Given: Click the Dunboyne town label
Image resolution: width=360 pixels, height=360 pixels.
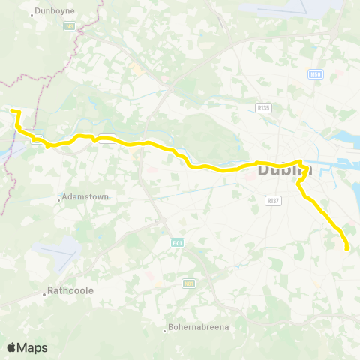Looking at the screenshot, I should click(x=55, y=13).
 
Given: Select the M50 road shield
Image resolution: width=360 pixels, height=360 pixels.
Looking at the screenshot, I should click(x=316, y=73).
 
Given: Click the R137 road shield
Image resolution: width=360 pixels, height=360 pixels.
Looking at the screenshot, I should click(x=272, y=200).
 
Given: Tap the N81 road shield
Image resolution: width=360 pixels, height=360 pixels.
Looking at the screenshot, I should click(x=189, y=283).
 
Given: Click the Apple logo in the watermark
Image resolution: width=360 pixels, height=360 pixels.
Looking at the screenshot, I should click(x=11, y=347).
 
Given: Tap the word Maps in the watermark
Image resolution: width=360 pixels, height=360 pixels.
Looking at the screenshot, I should click(x=33, y=347).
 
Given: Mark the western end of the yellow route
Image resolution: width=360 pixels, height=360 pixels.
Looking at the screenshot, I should click(x=12, y=111).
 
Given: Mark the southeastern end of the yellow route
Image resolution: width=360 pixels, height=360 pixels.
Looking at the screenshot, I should click(x=346, y=248).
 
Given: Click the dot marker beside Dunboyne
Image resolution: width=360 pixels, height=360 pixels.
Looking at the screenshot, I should click(x=31, y=13).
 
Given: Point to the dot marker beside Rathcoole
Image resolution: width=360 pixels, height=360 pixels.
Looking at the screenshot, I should click(x=44, y=294).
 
